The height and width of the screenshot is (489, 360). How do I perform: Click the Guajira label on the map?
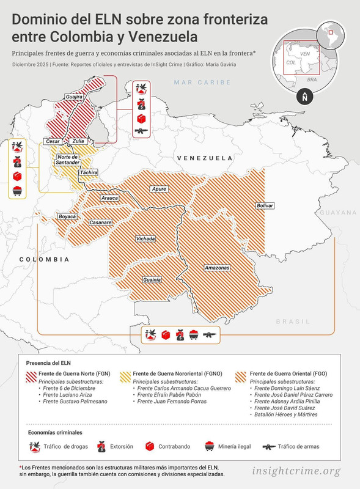(x=74, y=97)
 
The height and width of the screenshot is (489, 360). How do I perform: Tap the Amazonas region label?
(x=217, y=268)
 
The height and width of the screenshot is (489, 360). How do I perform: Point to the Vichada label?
(x=145, y=238)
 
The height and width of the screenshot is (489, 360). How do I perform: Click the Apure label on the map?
(x=159, y=189)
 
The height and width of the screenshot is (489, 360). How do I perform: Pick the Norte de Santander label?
(x=68, y=160)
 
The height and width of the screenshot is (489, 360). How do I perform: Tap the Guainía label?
(x=152, y=279)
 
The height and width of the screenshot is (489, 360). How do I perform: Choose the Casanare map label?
(x=101, y=222)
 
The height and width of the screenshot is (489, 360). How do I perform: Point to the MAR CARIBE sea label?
(x=202, y=82)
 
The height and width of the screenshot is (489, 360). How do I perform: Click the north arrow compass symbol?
(x=304, y=97)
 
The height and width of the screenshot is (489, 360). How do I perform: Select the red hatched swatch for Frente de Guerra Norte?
(x=31, y=373)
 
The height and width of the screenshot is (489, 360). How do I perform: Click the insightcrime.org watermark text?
(x=296, y=471)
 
